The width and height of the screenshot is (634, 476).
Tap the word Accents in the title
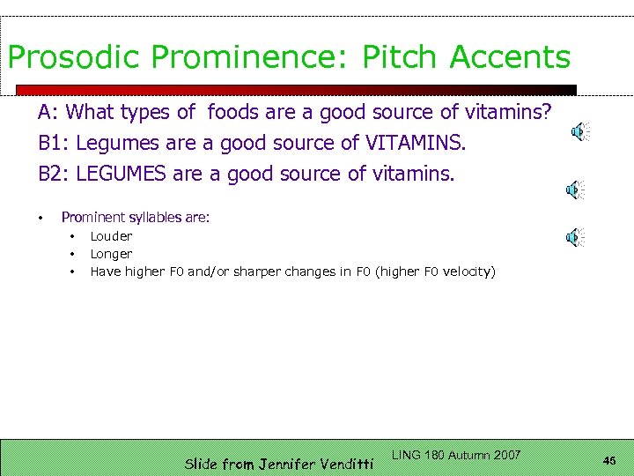click(x=510, y=57)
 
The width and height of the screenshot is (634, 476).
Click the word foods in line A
click(x=233, y=112)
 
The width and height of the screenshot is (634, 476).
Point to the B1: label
click(x=54, y=143)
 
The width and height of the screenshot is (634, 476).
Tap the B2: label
click(x=54, y=174)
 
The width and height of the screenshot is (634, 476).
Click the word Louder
click(x=111, y=236)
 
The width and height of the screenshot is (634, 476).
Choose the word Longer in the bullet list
click(x=111, y=254)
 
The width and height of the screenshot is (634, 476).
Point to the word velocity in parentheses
click(x=468, y=271)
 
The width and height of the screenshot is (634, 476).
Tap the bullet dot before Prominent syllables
click(x=41, y=218)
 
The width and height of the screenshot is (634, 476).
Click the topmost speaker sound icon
click(x=578, y=132)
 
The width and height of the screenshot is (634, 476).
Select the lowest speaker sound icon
click(x=574, y=236)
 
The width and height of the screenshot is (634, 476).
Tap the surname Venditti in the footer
click(x=343, y=464)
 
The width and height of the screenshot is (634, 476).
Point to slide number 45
click(x=609, y=460)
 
